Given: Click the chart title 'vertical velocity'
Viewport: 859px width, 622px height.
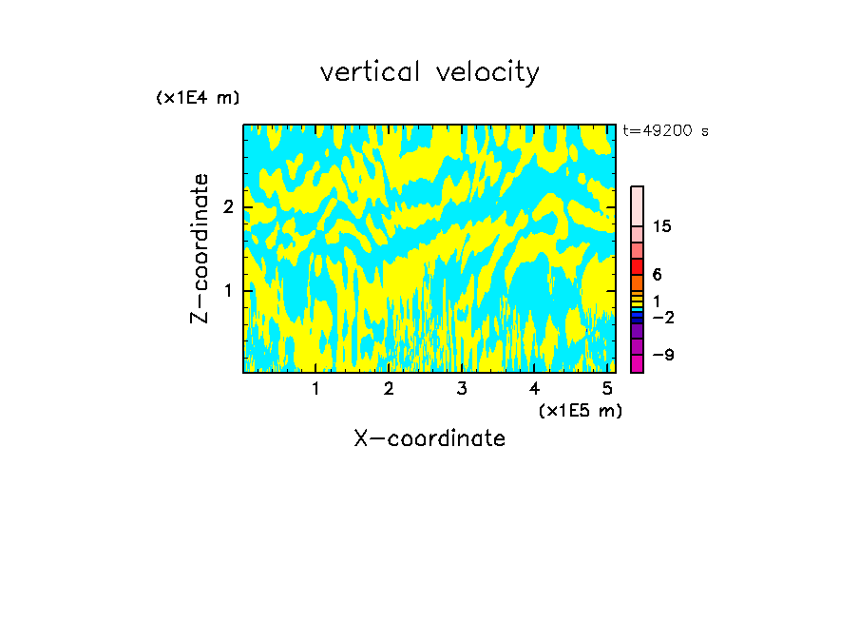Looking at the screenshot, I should (x=429, y=72).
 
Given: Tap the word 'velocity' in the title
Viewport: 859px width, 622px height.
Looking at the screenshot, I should (x=487, y=72).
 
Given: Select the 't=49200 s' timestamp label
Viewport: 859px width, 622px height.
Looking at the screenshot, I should (x=665, y=131).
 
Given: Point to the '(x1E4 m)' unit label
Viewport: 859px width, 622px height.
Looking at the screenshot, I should (x=198, y=98).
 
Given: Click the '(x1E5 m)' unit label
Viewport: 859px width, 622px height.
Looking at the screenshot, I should (x=580, y=410).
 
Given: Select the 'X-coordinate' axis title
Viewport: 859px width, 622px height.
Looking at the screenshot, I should (x=429, y=438).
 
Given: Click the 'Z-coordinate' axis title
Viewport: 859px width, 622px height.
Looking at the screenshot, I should (x=200, y=248).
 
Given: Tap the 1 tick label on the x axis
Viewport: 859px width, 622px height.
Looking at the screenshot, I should (x=315, y=388).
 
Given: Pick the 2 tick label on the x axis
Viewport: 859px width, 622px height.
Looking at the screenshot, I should (x=389, y=388).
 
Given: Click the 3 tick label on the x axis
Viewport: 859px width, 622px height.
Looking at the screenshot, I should (x=461, y=388).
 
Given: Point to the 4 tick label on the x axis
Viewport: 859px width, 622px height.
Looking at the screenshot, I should (x=534, y=388).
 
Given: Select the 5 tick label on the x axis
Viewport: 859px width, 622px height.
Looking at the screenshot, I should (x=606, y=388).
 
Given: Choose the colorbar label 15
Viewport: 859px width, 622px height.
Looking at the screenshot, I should (x=662, y=226).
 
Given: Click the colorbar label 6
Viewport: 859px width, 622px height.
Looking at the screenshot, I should (x=657, y=274).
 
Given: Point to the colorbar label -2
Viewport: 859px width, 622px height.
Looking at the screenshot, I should (x=662, y=317).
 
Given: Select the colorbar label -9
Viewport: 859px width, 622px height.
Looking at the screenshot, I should (x=662, y=355).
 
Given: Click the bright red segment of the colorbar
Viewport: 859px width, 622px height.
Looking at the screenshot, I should (x=637, y=266).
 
